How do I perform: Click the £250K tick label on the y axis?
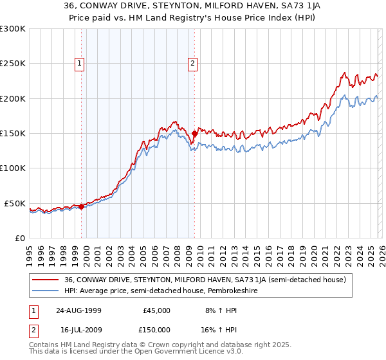click(x=12, y=64)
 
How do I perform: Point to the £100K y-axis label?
click(x=12, y=168)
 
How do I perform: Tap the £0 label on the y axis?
click(x=19, y=238)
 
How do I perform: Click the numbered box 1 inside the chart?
click(x=79, y=63)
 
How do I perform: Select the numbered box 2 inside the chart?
click(x=192, y=63)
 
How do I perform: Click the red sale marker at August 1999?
click(x=82, y=206)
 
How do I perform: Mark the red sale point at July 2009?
click(x=194, y=134)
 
